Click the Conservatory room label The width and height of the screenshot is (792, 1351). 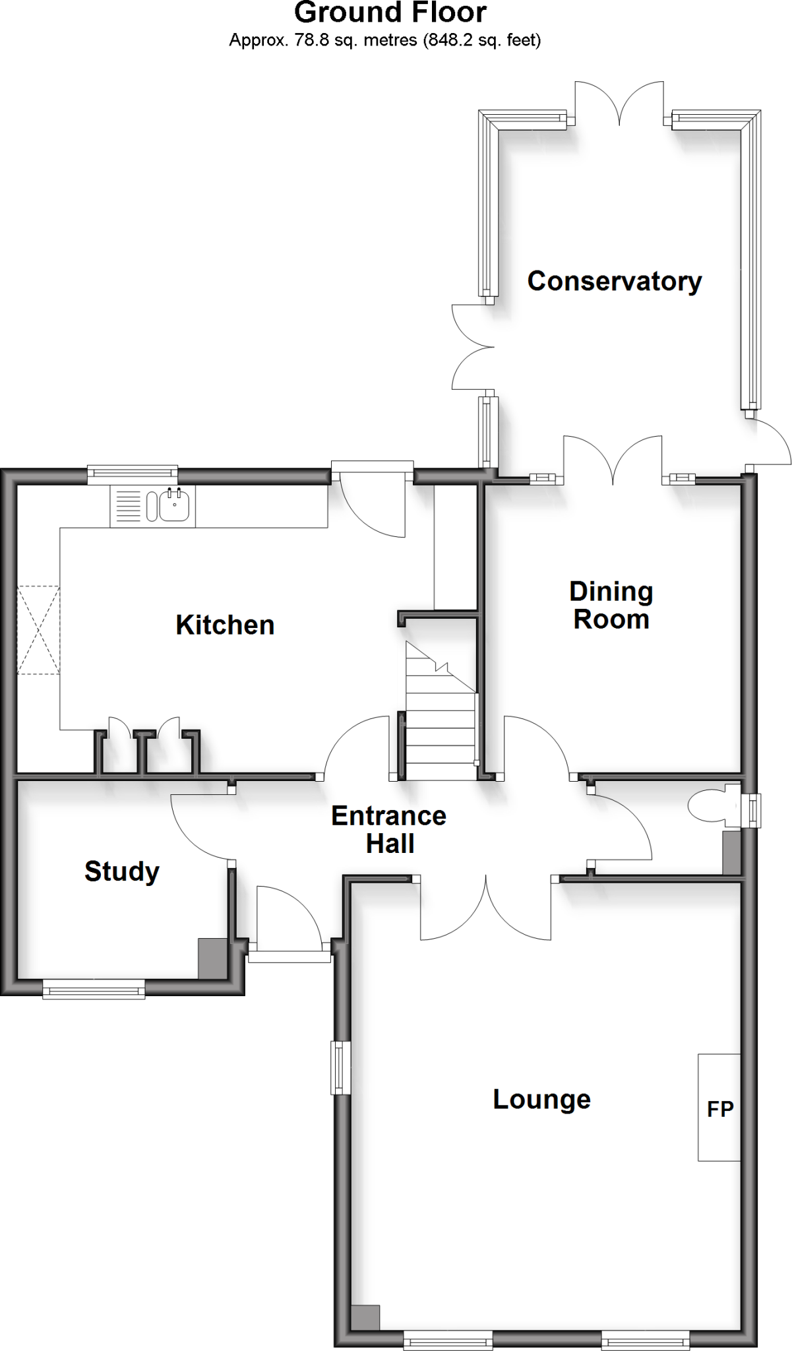pyautogui.click(x=614, y=282)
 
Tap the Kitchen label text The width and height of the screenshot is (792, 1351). pyautogui.click(x=225, y=625)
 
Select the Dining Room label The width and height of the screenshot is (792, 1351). pyautogui.click(x=611, y=606)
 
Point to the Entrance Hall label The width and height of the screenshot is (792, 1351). pyautogui.click(x=389, y=830)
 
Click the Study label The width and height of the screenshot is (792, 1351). pyautogui.click(x=122, y=872)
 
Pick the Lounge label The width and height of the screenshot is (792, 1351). pyautogui.click(x=541, y=1100)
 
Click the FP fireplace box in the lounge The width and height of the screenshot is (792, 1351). pyautogui.click(x=719, y=1108)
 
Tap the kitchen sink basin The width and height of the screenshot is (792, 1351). pyautogui.click(x=175, y=507)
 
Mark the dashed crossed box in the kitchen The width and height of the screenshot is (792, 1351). pyautogui.click(x=38, y=629)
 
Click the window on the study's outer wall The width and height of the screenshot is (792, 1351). pyautogui.click(x=94, y=988)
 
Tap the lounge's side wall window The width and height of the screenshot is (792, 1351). pyautogui.click(x=341, y=1067)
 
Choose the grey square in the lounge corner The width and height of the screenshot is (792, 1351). pyautogui.click(x=365, y=1317)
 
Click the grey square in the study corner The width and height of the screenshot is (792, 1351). pyautogui.click(x=212, y=958)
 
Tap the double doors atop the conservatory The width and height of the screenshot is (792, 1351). pyautogui.click(x=619, y=106)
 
